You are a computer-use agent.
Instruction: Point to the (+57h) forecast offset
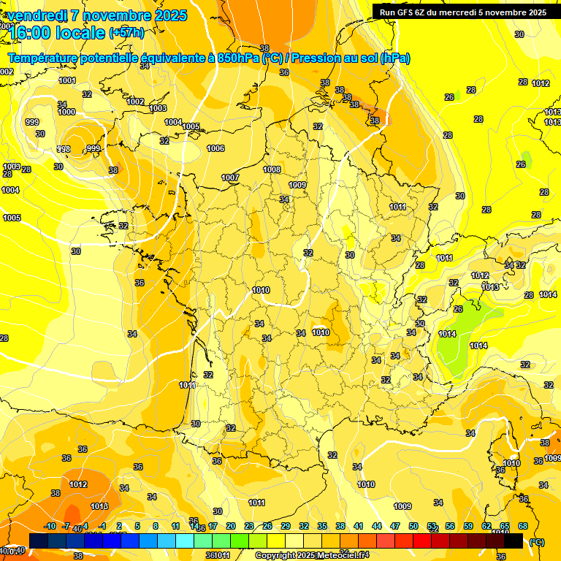tap(126, 33)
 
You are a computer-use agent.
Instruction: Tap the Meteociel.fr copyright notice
tap(312, 555)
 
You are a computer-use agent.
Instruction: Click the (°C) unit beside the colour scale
tap(535, 542)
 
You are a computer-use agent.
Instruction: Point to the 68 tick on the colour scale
tap(523, 526)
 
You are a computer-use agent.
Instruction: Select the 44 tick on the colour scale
tap(377, 526)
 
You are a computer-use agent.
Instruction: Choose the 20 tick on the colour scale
tap(231, 526)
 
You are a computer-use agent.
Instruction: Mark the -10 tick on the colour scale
tap(50, 526)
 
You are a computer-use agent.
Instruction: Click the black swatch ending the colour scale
tap(514, 541)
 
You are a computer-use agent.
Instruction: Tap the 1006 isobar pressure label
tap(215, 148)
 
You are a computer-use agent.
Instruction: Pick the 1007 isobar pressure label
tap(231, 178)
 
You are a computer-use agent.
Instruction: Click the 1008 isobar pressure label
tap(272, 169)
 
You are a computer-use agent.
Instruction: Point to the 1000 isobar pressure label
tap(66, 112)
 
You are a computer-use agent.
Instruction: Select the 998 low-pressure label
tap(64, 149)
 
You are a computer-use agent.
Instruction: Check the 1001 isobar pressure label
tap(67, 80)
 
